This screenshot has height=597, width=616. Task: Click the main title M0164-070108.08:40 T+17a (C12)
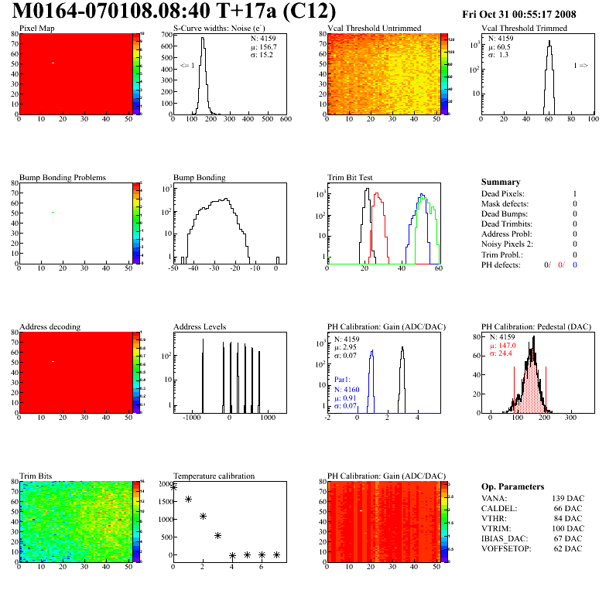click(x=175, y=12)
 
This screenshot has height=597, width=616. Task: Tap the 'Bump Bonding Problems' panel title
click(x=63, y=177)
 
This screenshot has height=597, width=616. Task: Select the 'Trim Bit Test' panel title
click(x=351, y=177)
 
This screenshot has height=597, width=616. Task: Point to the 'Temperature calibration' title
click(x=214, y=476)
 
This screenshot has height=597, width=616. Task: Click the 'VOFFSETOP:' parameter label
click(x=507, y=548)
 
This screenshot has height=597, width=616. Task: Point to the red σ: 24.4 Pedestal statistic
click(x=501, y=353)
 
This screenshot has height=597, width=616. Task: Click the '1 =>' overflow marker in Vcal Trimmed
click(x=580, y=66)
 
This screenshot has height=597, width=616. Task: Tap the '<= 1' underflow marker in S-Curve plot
click(x=187, y=66)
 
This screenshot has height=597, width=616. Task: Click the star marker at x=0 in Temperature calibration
click(x=174, y=487)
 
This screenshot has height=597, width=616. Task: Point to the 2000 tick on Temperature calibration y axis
click(x=163, y=484)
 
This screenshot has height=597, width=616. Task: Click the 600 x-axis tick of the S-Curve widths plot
click(x=285, y=119)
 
